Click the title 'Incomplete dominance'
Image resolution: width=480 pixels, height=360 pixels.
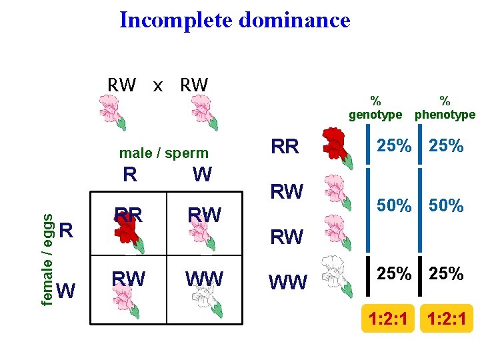click(235, 20)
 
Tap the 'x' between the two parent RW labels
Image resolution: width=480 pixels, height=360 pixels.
click(158, 85)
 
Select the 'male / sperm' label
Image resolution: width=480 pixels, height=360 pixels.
click(163, 153)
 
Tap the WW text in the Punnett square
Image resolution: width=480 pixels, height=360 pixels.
click(205, 278)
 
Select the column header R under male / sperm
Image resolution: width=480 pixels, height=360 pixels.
click(131, 175)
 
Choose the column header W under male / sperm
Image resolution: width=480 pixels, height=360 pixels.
click(201, 175)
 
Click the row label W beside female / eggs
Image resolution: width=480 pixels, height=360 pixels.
click(65, 291)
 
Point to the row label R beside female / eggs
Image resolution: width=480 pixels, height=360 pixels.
click(65, 231)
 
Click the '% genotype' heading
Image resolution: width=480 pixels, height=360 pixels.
click(376, 107)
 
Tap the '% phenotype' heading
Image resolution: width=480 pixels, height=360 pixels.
click(445, 107)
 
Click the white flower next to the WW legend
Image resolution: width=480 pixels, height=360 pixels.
click(335, 274)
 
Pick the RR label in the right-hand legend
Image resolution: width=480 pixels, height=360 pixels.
click(285, 147)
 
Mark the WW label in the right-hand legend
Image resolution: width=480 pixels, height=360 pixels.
click(288, 283)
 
